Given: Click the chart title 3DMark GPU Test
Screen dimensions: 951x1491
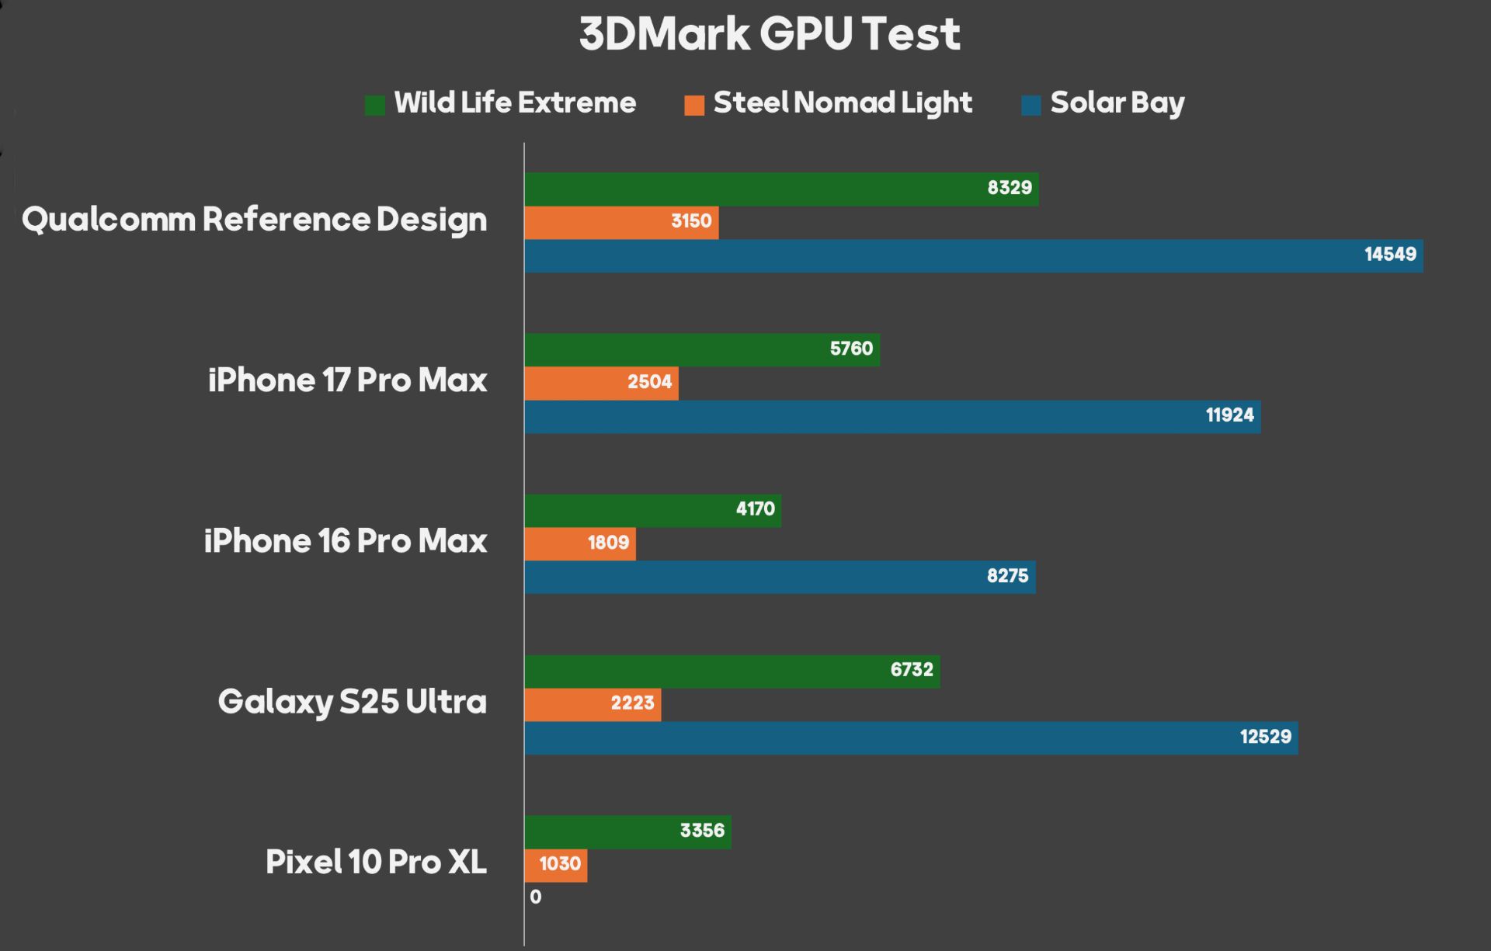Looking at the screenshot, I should tap(770, 34).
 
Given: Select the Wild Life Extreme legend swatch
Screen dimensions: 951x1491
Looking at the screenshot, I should tap(375, 105).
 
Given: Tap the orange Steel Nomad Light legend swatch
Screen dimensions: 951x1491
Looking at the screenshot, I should tap(694, 105).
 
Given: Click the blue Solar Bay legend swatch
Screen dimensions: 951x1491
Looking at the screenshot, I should tap(1030, 105).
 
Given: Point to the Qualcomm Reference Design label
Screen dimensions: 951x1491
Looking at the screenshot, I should tap(255, 220).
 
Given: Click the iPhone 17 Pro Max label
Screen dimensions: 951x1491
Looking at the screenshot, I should tap(347, 380).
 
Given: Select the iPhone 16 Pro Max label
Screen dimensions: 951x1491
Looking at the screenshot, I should tap(346, 541).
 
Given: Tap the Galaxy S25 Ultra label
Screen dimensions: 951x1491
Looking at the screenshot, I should tap(352, 702).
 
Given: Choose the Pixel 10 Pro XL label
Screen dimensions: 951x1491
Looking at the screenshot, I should tap(376, 862).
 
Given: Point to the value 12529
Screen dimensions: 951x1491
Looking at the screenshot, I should tap(1265, 737).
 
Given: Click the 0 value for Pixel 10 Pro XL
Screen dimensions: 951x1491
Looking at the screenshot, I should tap(536, 897).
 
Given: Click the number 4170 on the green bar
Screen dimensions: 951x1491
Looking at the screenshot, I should tap(755, 509).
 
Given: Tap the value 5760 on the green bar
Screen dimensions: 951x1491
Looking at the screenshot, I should tap(851, 349).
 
